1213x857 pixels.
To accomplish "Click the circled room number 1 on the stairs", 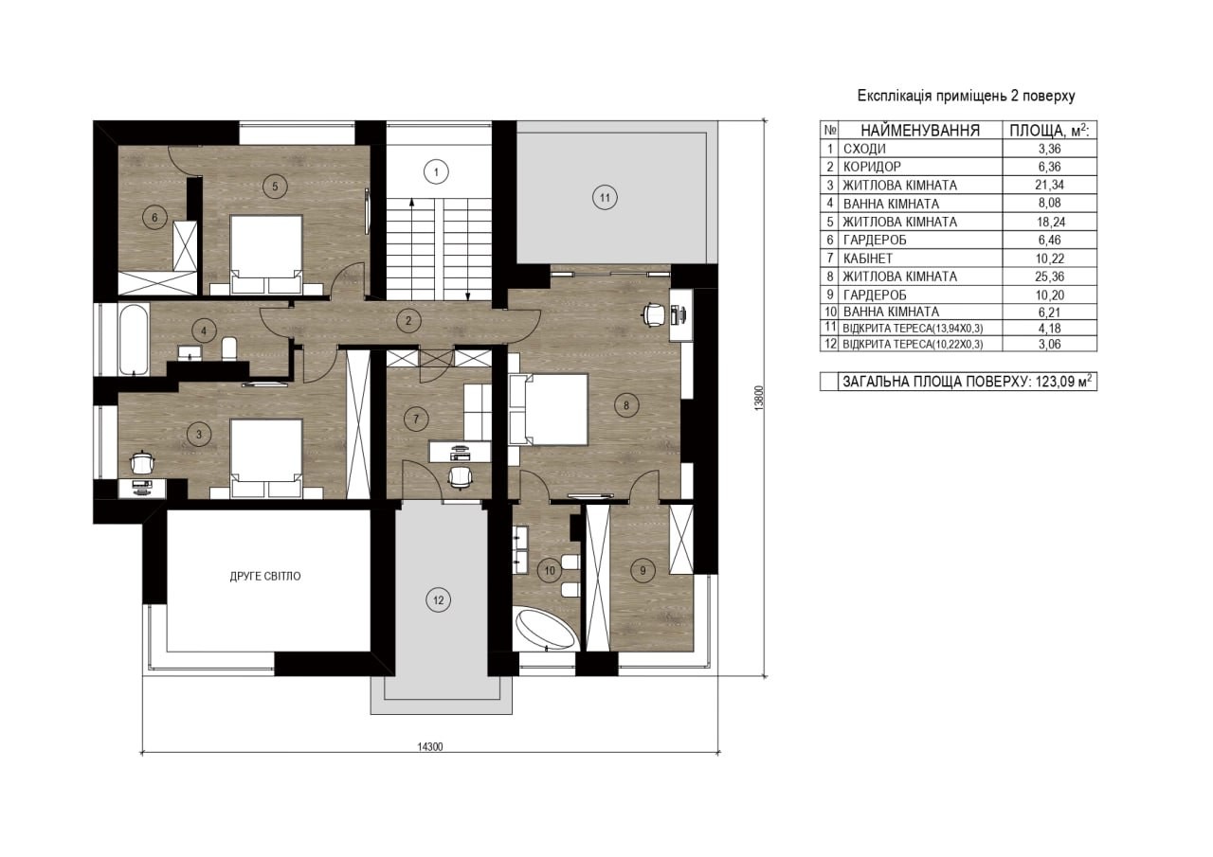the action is (x=436, y=172).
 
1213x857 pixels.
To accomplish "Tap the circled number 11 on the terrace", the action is (x=605, y=198).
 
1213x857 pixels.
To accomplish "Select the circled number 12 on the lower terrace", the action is (x=438, y=599).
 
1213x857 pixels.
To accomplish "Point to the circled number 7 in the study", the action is (x=416, y=419).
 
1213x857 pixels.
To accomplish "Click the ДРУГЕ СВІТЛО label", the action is (x=265, y=576).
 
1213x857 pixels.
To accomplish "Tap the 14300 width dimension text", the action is (x=430, y=746).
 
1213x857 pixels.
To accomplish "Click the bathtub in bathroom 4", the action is (x=134, y=339).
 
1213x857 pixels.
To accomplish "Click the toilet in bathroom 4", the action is (x=229, y=348).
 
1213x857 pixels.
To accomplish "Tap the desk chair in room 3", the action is (x=142, y=462).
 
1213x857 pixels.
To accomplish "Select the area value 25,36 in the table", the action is (x=1049, y=277).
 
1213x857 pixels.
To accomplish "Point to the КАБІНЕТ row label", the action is (x=867, y=259).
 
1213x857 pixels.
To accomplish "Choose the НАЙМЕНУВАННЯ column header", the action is (x=920, y=131).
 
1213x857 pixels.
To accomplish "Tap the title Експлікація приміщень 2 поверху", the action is (x=966, y=96).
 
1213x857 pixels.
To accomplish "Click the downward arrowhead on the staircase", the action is (x=468, y=295).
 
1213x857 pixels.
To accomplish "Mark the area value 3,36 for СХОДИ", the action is (x=1049, y=149).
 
